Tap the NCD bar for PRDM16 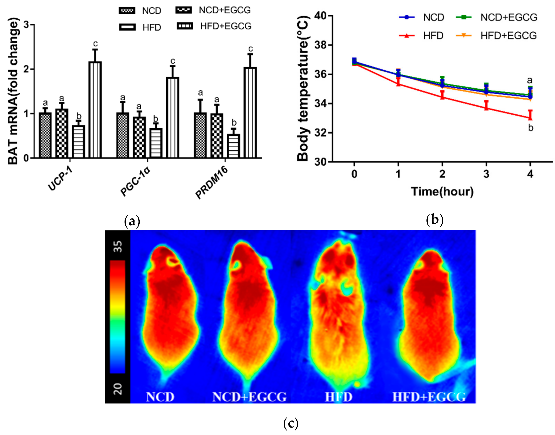tap(200, 135)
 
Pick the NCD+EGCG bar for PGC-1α tap(139, 137)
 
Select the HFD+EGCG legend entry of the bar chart tap(214, 26)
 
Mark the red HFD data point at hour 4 tap(530, 118)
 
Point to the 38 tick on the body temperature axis tap(320, 45)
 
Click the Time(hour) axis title tap(442, 192)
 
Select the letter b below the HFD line tap(531, 128)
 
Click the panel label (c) tap(291, 423)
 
